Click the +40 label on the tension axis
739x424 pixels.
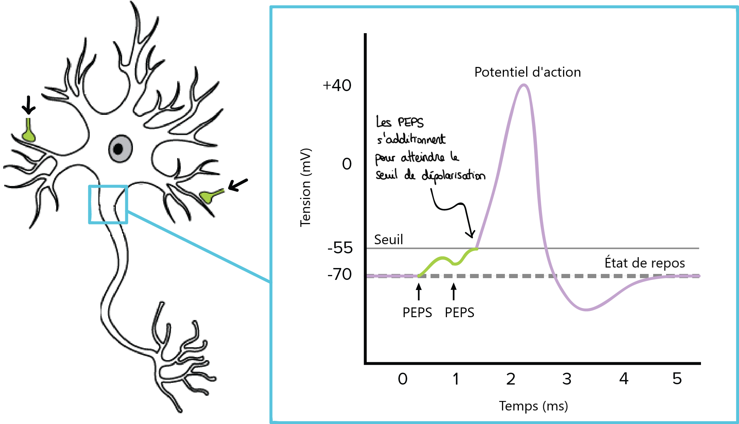pos(337,85)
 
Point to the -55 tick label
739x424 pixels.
pos(340,248)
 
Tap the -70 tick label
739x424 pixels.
pos(339,274)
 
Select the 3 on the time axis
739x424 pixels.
pos(567,379)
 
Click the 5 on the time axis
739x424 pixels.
pos(677,379)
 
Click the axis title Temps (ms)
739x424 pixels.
pos(533,406)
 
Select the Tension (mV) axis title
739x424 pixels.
pos(305,187)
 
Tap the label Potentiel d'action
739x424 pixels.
pos(527,72)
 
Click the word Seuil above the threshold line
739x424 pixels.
pos(388,240)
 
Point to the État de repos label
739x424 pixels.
pos(644,263)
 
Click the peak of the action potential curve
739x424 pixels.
pos(523,85)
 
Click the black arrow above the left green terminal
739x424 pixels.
pos(29,105)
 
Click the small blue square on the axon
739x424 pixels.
pos(108,204)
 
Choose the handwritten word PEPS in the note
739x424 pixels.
pos(411,122)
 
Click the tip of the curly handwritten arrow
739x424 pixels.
pos(472,237)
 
